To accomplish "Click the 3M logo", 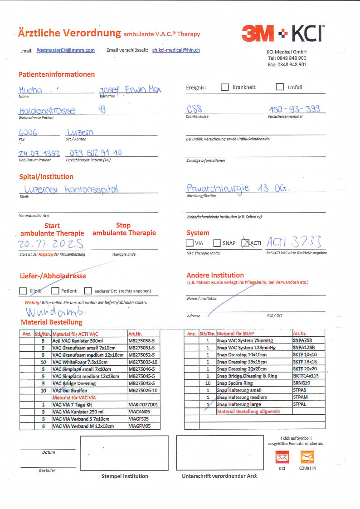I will coord(258,34).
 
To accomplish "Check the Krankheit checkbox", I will coord(224,87).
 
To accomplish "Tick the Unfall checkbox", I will coord(280,87).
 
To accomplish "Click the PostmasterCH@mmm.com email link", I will coord(65,50).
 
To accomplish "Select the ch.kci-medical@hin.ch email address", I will coord(176,50).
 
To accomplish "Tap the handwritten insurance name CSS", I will coord(194,109).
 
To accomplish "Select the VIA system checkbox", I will coord(190,243).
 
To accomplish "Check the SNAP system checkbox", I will coord(217,243).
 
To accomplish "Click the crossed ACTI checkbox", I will coord(245,243).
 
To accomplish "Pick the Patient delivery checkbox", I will coord(55,291).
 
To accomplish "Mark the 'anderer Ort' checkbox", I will coord(88,291).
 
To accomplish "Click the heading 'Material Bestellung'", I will coord(52,322).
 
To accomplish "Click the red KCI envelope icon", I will coord(282,457).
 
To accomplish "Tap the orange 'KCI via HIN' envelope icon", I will coord(307,457).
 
